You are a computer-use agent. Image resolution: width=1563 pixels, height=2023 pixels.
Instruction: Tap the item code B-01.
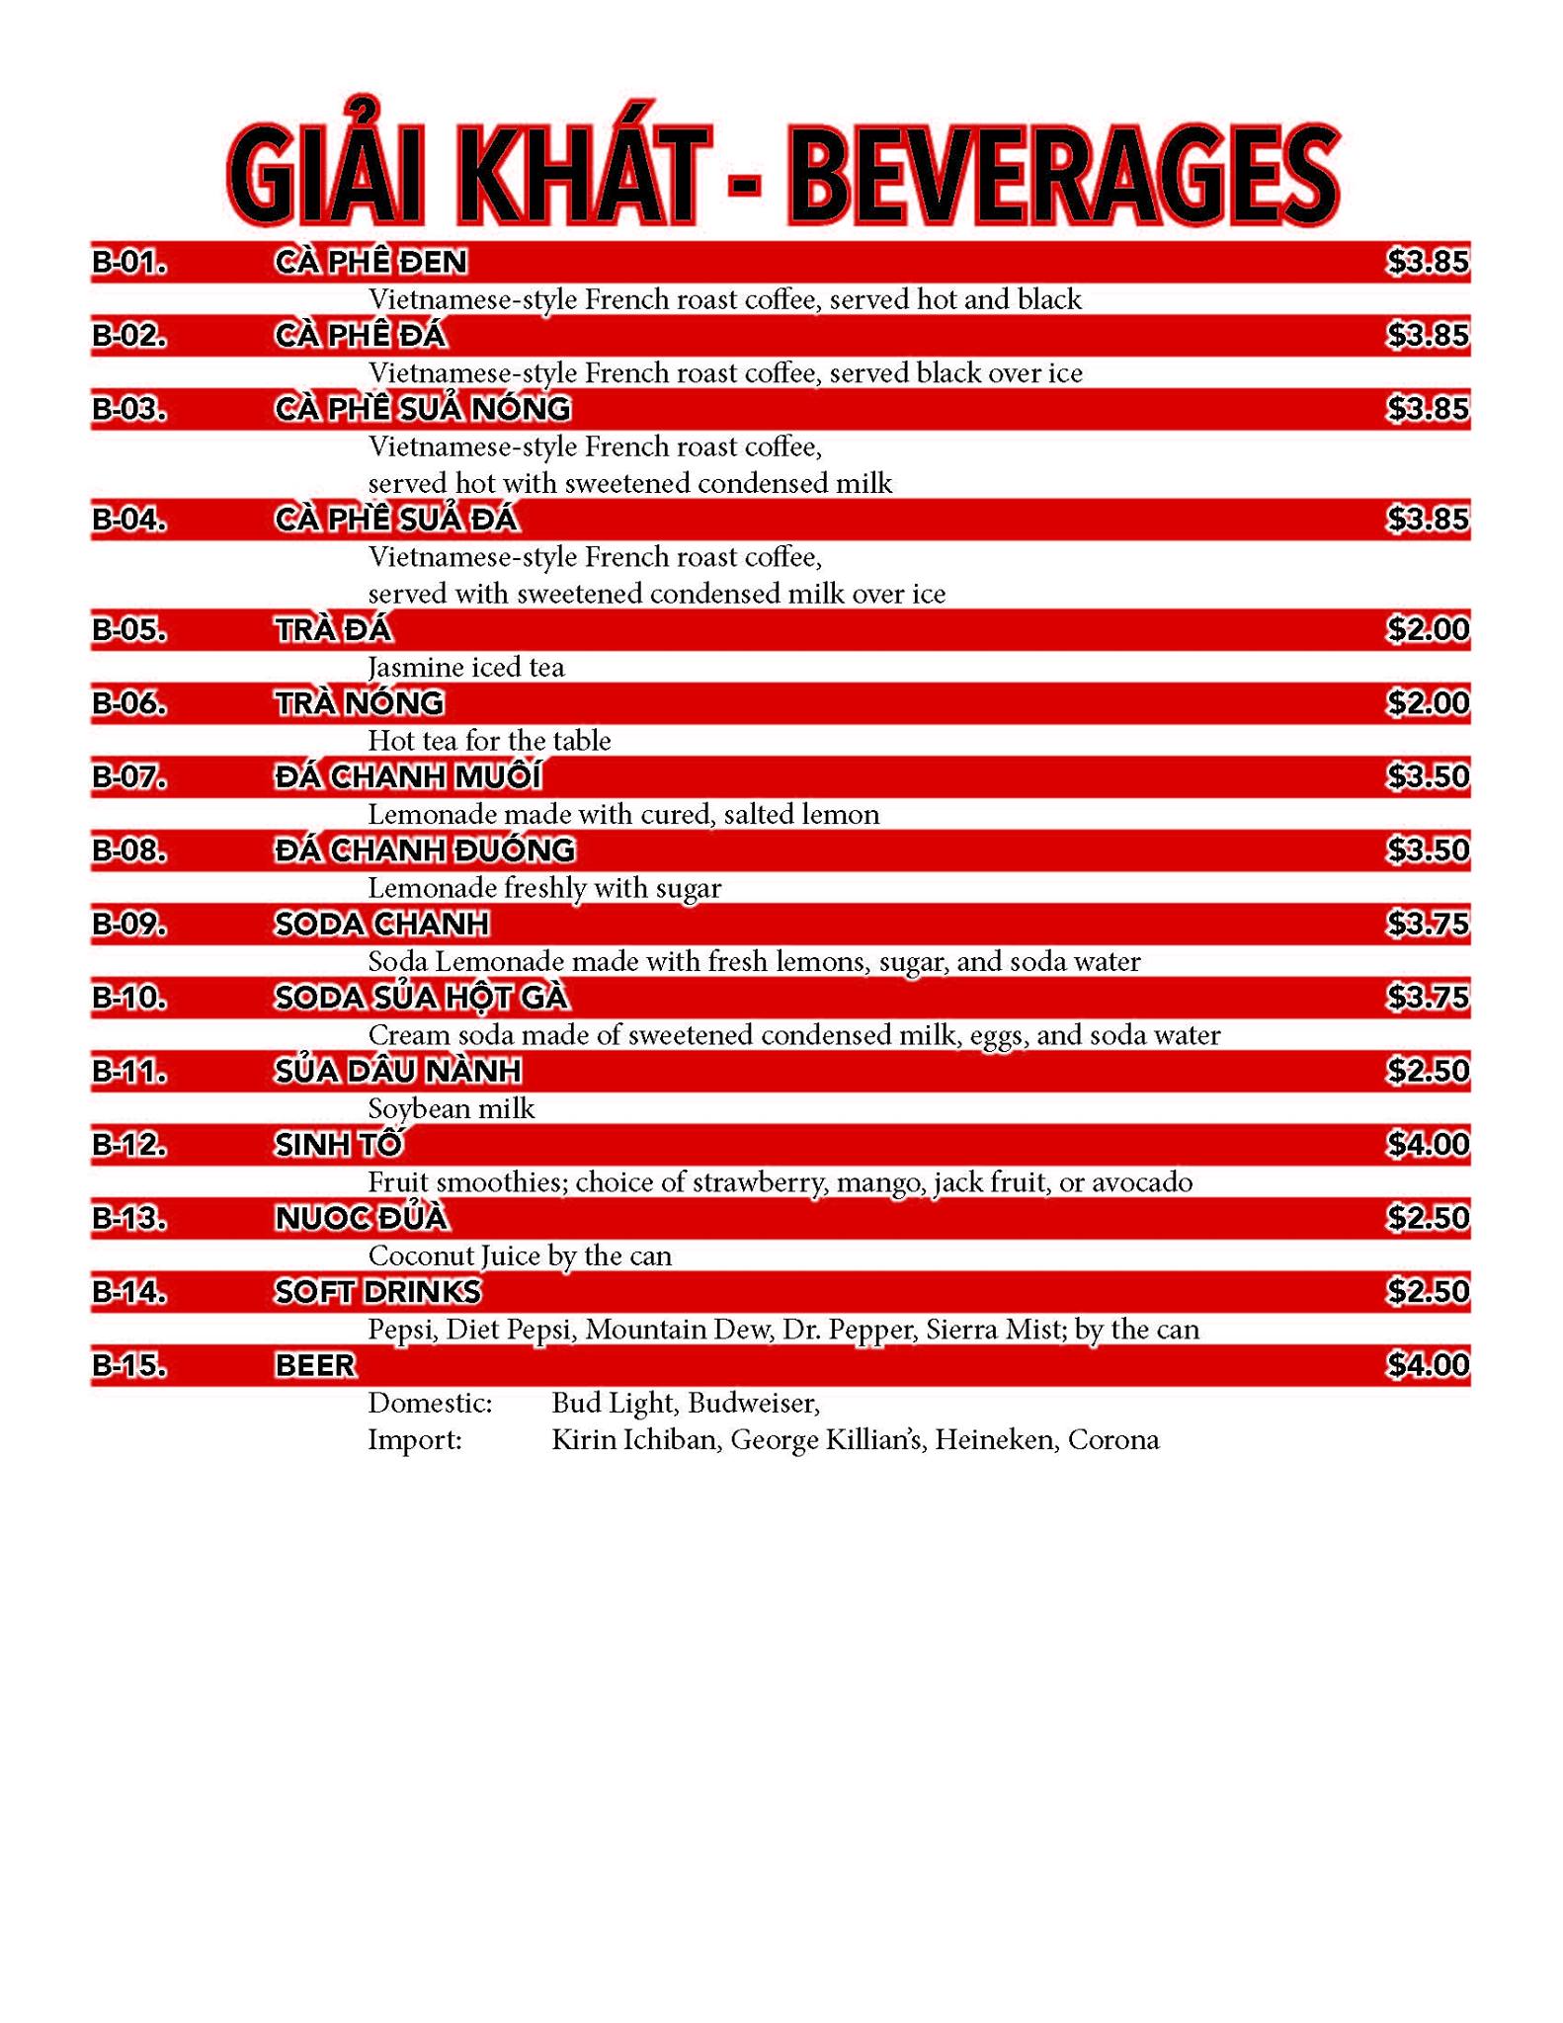click(129, 262)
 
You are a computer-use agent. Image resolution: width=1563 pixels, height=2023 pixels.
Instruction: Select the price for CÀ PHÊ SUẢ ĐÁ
click(1428, 520)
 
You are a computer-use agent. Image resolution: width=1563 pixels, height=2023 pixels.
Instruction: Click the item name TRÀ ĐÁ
click(333, 629)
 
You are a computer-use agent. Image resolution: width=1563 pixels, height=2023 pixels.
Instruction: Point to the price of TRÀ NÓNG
click(1428, 703)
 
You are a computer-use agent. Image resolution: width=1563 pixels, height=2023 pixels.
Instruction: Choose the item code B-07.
click(129, 777)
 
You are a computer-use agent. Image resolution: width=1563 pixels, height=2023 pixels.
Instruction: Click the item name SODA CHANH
click(381, 925)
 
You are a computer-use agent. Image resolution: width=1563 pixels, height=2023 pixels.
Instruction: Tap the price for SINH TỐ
click(1428, 1145)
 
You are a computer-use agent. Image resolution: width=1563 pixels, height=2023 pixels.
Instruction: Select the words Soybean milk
click(452, 1109)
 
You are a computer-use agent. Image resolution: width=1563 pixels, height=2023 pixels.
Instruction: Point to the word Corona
click(1113, 1440)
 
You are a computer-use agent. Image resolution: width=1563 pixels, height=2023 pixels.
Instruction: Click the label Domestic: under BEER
click(430, 1403)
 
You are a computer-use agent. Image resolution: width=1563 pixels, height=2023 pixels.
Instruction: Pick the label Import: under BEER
click(415, 1440)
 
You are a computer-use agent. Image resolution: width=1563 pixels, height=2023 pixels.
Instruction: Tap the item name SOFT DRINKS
click(378, 1292)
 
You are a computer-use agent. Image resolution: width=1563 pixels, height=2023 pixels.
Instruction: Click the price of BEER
click(1428, 1366)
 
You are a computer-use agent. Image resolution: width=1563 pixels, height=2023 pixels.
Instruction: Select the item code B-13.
click(129, 1219)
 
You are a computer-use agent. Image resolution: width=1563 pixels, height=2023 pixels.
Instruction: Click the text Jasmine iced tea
click(466, 668)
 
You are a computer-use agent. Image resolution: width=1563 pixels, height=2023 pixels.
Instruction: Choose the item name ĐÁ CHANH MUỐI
click(408, 777)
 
